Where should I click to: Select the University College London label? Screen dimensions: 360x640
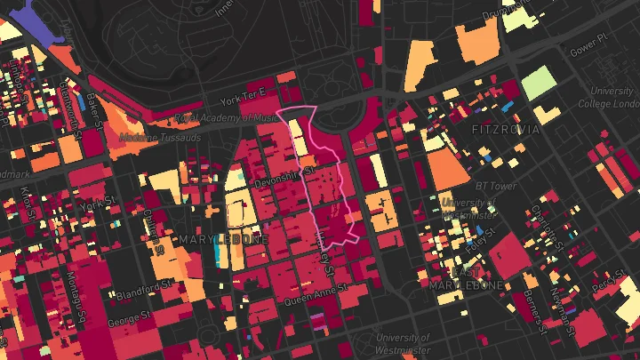click(612, 97)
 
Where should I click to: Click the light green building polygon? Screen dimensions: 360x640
click(536, 84)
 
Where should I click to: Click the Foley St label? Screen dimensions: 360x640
click(484, 238)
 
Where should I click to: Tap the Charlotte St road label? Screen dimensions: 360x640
click(539, 223)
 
